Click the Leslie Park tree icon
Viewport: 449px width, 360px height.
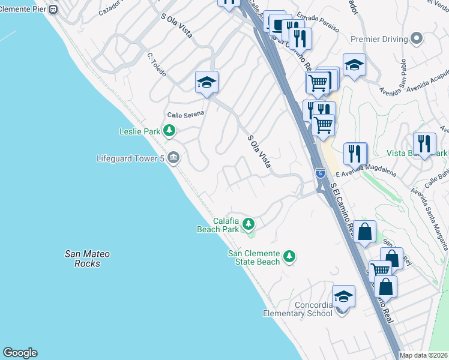tap(170, 130)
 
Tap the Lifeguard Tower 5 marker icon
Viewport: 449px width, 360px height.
tap(173, 158)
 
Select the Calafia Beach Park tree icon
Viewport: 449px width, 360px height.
tap(248, 224)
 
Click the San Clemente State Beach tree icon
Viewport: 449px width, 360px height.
tap(289, 257)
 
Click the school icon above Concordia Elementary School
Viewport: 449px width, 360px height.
tap(343, 296)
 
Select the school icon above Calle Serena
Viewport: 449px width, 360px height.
tap(206, 82)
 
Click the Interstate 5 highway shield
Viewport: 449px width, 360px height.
tap(321, 173)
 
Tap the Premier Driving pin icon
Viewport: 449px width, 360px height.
tap(415, 39)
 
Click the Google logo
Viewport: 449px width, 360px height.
tap(20, 353)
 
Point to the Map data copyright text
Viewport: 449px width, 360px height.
tap(423, 355)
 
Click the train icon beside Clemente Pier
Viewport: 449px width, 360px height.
tap(53, 10)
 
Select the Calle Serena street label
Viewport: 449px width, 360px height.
tap(185, 114)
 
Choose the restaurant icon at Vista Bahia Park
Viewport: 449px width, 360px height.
tap(424, 144)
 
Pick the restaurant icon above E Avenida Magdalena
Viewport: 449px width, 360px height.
tap(355, 153)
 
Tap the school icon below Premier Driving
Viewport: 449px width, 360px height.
tap(354, 65)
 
